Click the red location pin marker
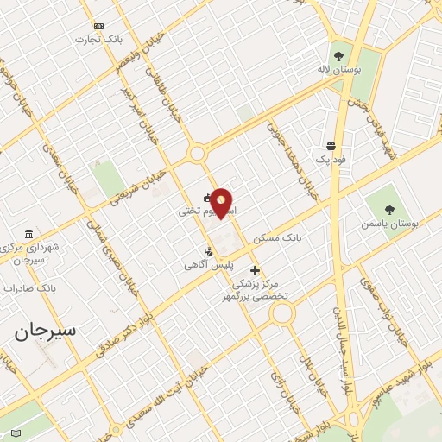222,203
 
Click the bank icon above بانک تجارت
98,26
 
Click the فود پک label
329,160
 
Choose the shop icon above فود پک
331,146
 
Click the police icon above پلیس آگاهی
207,251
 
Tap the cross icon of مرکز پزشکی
255,270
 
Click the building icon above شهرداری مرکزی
29,234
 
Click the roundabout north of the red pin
197,154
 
